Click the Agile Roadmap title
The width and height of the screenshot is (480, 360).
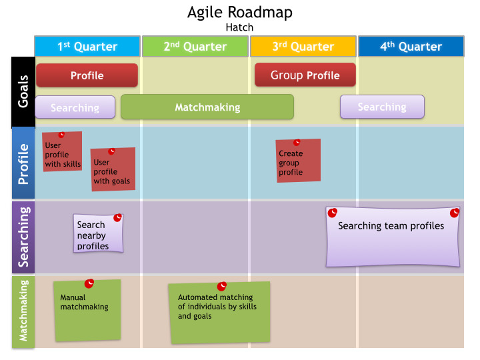point(239,12)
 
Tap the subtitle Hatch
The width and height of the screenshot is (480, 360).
point(239,27)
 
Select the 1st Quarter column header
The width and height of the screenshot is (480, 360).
point(87,46)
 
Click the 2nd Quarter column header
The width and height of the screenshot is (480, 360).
point(195,46)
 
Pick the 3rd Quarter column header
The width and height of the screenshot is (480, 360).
point(303,46)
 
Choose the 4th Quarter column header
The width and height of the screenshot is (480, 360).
point(411,46)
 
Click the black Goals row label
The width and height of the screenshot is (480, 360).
point(23,91)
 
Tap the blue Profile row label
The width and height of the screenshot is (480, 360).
point(23,163)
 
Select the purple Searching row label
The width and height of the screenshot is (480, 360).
point(23,237)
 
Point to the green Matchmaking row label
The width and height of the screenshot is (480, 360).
point(23,311)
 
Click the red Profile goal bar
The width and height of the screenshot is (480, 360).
point(87,75)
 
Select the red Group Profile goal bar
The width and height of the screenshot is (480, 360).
point(305,75)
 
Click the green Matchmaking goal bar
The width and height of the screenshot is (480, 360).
point(207,107)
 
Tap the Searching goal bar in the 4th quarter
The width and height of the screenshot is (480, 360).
point(382,107)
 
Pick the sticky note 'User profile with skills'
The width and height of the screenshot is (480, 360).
point(63,153)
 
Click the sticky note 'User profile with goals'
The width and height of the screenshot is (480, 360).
point(112,171)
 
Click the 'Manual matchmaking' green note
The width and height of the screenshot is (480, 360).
point(87,310)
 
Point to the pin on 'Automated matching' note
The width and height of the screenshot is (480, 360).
point(222,286)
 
